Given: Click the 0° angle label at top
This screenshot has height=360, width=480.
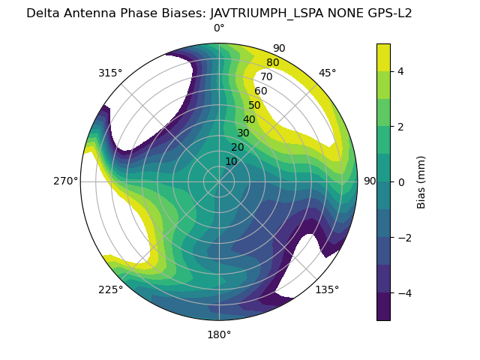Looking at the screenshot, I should pyautogui.click(x=219, y=28).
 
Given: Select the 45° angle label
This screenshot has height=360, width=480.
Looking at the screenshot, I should pyautogui.click(x=327, y=73).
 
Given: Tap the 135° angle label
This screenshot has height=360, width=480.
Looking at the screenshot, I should pyautogui.click(x=327, y=289).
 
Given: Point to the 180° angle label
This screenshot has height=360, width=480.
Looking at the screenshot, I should pyautogui.click(x=219, y=334).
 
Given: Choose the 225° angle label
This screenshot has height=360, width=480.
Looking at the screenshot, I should pyautogui.click(x=110, y=289).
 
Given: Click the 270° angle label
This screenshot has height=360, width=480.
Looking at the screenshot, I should pyautogui.click(x=65, y=181).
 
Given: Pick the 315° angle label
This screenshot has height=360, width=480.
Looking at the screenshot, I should pyautogui.click(x=110, y=73).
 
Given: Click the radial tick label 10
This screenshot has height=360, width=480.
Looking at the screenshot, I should pyautogui.click(x=231, y=161).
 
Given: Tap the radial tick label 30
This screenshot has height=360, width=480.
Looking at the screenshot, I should pyautogui.click(x=243, y=133).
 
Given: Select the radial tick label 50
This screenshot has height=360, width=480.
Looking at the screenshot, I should pyautogui.click(x=255, y=106).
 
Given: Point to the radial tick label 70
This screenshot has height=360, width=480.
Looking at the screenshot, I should pyautogui.click(x=266, y=77).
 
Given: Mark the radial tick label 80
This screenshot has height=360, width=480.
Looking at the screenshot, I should pyautogui.click(x=272, y=63).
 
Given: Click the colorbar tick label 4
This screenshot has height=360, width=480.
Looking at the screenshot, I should pyautogui.click(x=401, y=71).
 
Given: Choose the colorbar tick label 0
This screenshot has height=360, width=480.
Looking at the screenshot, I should pyautogui.click(x=401, y=182).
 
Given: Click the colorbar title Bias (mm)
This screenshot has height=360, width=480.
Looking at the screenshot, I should pyautogui.click(x=421, y=182).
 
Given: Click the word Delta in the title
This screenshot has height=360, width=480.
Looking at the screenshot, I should pyautogui.click(x=43, y=13).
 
